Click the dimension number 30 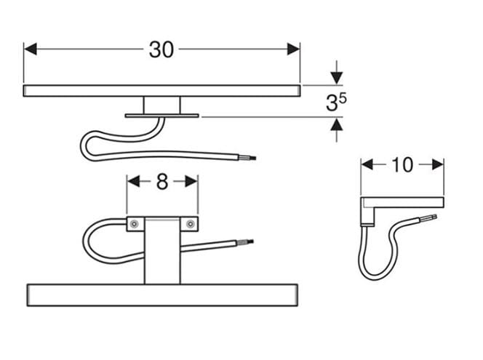coord(161,49)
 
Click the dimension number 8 coord(162,181)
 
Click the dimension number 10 coord(402,165)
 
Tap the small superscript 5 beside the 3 coord(343,98)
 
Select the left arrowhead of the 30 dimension coord(31,49)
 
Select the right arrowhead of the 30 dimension coord(294,49)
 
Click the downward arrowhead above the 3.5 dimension coord(337,77)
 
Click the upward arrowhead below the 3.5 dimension coord(337,124)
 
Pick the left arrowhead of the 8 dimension coord(133,181)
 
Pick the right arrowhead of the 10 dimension coord(438,165)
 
